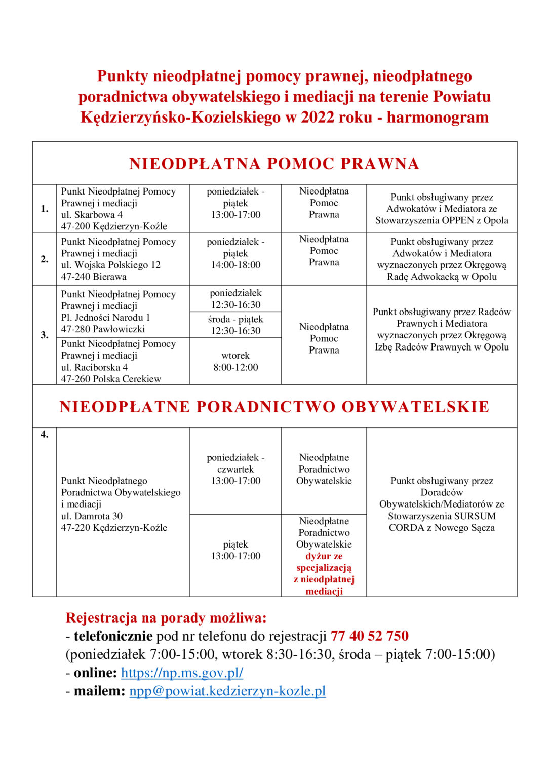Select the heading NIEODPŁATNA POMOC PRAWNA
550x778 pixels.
(274, 164)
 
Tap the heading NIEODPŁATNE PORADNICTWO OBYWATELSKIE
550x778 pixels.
(274, 407)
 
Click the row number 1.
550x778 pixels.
(45, 209)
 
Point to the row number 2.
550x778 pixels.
(45, 259)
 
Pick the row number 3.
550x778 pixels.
(45, 335)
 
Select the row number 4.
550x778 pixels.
(45, 434)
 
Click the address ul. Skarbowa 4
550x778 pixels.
(92, 215)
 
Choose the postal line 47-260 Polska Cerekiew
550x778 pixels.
(111, 379)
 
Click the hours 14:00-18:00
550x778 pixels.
(235, 265)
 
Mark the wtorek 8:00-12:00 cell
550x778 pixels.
(235, 361)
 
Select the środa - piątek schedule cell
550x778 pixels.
(235, 325)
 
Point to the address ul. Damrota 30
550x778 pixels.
(92, 516)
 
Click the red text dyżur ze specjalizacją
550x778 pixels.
(324, 562)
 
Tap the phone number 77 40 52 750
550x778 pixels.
(369, 636)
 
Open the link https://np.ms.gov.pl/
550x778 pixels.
(182, 673)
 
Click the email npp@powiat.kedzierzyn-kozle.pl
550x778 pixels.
(227, 691)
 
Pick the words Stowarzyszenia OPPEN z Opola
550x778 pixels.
(442, 220)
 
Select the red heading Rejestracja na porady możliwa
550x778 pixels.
(166, 618)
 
